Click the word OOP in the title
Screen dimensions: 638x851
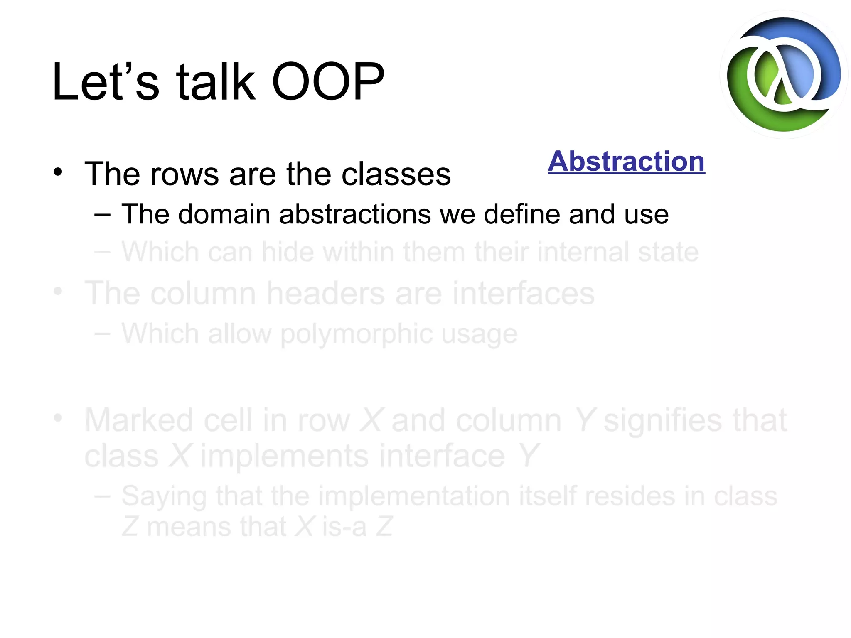click(x=328, y=82)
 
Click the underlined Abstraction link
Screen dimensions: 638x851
click(x=626, y=162)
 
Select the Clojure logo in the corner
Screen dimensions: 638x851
click(x=784, y=75)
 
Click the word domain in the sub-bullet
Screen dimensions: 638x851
click(x=224, y=214)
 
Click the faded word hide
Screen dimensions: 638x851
click(x=287, y=252)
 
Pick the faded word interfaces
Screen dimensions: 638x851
click(x=523, y=293)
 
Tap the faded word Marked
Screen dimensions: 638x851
click(x=139, y=420)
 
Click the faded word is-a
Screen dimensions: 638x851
click(x=344, y=527)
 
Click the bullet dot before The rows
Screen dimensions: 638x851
click(x=58, y=172)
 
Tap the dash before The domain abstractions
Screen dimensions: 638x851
click(x=102, y=215)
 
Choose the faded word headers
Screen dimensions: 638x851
click(x=325, y=293)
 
